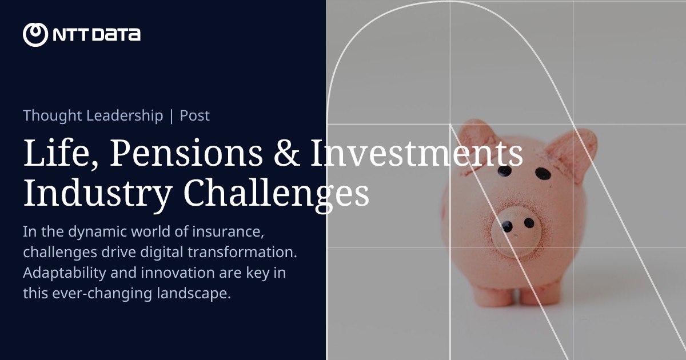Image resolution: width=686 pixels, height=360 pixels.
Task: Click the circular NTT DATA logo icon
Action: pyautogui.click(x=35, y=35)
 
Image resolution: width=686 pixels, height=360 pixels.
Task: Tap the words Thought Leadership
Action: pyautogui.click(x=93, y=115)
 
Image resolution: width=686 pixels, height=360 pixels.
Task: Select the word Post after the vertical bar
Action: pyautogui.click(x=195, y=115)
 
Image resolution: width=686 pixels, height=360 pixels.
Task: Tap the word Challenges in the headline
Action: pyautogui.click(x=277, y=194)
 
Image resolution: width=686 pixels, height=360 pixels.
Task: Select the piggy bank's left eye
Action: pyautogui.click(x=504, y=171)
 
